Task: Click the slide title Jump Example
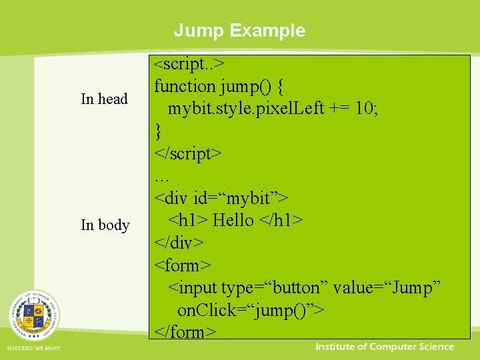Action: [x=239, y=31]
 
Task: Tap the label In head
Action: [x=104, y=99]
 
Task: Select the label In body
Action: [x=105, y=225]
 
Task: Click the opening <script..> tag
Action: [x=189, y=64]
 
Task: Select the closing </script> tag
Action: [x=187, y=153]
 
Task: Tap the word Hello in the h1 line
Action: [x=233, y=221]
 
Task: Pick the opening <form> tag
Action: [x=183, y=265]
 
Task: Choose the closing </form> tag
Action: [x=185, y=331]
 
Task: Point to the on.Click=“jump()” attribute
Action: [x=250, y=311]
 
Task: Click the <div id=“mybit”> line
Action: [x=221, y=198]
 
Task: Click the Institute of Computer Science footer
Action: [x=385, y=347]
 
